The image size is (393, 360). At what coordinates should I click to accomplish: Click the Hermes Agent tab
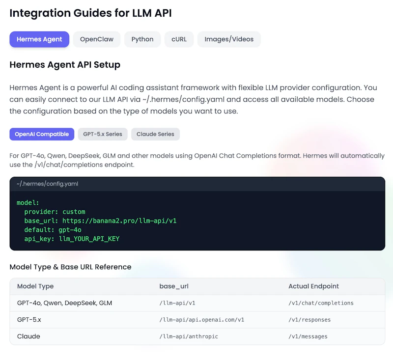[39, 39]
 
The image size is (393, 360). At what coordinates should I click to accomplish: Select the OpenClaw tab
[97, 39]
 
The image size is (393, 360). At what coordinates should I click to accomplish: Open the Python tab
[142, 39]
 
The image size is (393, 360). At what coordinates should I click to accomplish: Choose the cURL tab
[179, 39]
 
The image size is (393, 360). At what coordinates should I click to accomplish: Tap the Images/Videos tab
[229, 39]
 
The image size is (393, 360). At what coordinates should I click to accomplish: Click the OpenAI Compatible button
[42, 134]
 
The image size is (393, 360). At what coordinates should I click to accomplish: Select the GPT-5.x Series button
[103, 134]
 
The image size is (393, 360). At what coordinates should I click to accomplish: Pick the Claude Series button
[155, 134]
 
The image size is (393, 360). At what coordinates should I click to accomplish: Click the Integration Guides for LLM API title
[90, 13]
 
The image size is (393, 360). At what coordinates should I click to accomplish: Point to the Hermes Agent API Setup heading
[65, 65]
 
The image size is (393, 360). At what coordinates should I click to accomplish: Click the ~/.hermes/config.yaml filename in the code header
[47, 184]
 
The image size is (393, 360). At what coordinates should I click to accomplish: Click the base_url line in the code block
[100, 221]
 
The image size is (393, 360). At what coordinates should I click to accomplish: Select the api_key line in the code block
[72, 239]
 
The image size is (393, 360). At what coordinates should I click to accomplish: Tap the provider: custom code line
[55, 212]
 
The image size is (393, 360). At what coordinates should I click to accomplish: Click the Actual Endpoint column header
[313, 286]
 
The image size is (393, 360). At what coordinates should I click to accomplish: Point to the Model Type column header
[35, 286]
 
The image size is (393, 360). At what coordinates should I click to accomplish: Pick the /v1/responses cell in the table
[309, 320]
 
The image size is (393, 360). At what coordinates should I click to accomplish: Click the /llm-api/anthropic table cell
[189, 336]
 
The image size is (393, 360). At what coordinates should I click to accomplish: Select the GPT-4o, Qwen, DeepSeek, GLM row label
[64, 303]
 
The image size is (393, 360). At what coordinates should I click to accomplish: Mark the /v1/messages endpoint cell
[308, 336]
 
